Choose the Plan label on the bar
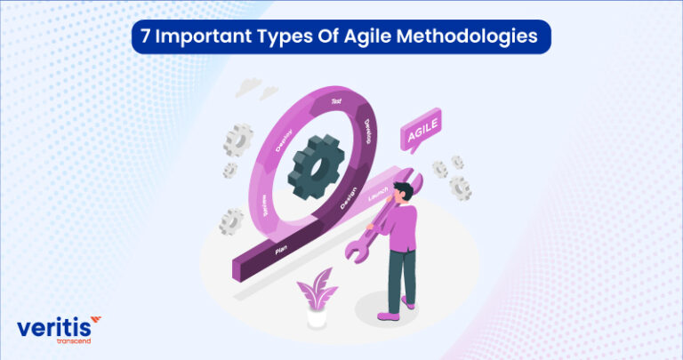[280, 252]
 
